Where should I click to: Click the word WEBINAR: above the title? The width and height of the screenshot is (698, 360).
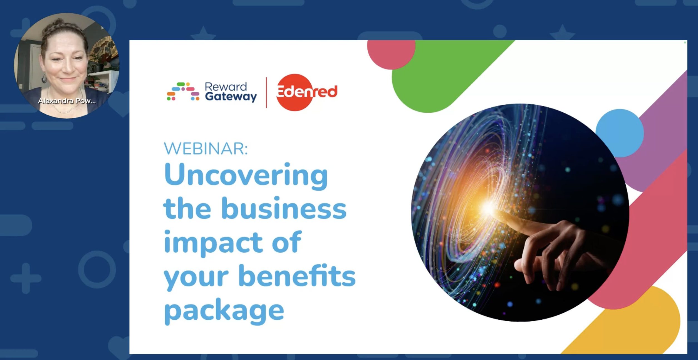tap(206, 149)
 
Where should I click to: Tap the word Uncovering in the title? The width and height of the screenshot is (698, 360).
tap(246, 175)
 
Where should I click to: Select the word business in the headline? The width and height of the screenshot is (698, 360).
tap(284, 209)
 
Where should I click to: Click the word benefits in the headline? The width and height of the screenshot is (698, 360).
tap(297, 276)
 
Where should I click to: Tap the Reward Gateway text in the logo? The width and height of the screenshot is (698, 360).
tap(230, 92)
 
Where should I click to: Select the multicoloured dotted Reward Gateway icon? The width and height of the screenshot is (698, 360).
tap(183, 92)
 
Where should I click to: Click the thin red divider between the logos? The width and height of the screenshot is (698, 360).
tap(266, 92)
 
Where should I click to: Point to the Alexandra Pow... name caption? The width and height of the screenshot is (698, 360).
tap(67, 101)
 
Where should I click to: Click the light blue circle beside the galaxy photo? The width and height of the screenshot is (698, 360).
tap(620, 133)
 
